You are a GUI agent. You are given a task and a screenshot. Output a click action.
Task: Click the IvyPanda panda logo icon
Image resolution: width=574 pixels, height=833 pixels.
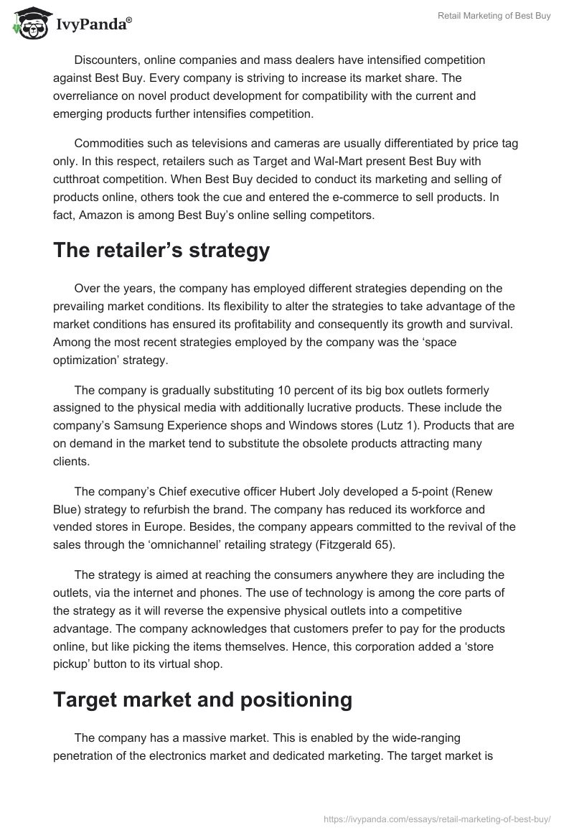pyautogui.click(x=28, y=23)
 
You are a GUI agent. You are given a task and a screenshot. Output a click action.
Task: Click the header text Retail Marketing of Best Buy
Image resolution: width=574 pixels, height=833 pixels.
pyautogui.click(x=494, y=16)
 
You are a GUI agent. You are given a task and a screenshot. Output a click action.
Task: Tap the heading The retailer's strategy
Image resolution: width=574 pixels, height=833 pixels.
pyautogui.click(x=161, y=251)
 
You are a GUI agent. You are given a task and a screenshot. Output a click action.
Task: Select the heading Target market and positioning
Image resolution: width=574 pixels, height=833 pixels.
pyautogui.click(x=202, y=700)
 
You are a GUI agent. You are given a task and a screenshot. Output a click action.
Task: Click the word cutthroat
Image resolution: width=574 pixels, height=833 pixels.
pyautogui.click(x=80, y=177)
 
